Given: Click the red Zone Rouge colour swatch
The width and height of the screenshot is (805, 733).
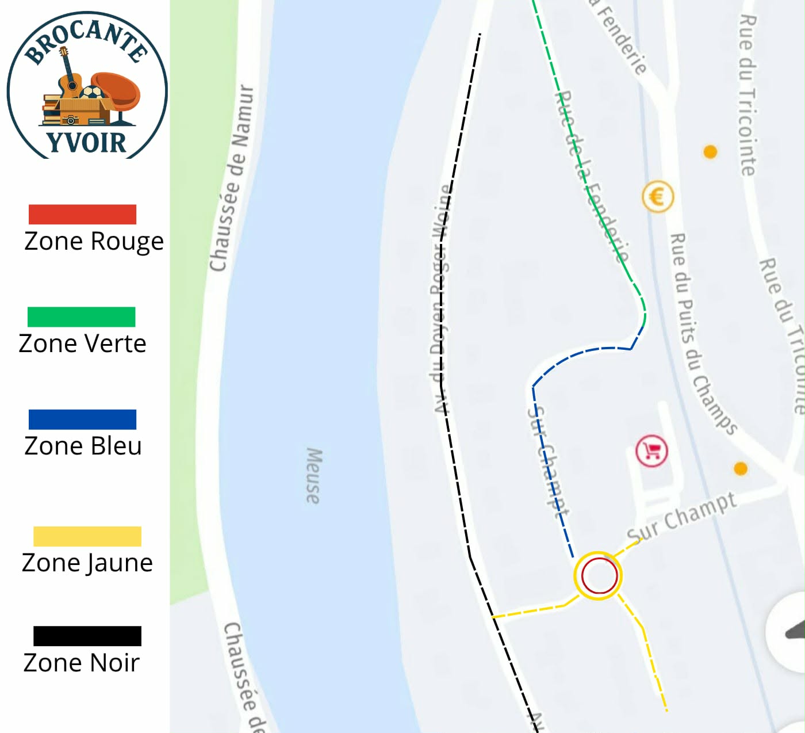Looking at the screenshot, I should (82, 214).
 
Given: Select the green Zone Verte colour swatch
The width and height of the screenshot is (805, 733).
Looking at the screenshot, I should (81, 316).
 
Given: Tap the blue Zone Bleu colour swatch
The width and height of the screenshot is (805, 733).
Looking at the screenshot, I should (82, 419).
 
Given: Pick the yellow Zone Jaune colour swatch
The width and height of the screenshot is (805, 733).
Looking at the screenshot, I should (87, 536).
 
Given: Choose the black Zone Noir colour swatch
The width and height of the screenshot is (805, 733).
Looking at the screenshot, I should (87, 635).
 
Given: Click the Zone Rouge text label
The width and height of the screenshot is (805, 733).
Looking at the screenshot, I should (94, 242).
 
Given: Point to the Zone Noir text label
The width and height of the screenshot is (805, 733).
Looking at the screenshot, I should (81, 663).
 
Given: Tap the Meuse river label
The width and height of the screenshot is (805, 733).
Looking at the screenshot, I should (313, 476).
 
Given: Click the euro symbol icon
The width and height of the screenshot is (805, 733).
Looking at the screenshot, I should (657, 197).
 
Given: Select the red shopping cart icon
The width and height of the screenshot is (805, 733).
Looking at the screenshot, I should (651, 450).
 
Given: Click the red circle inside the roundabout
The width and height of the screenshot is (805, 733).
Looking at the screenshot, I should (599, 575).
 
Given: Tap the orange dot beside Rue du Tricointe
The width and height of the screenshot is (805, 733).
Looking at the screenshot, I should (710, 151).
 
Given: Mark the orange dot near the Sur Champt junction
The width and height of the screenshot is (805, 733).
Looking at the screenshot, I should (741, 468).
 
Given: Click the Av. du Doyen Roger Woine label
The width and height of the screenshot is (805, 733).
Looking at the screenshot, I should (441, 299).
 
